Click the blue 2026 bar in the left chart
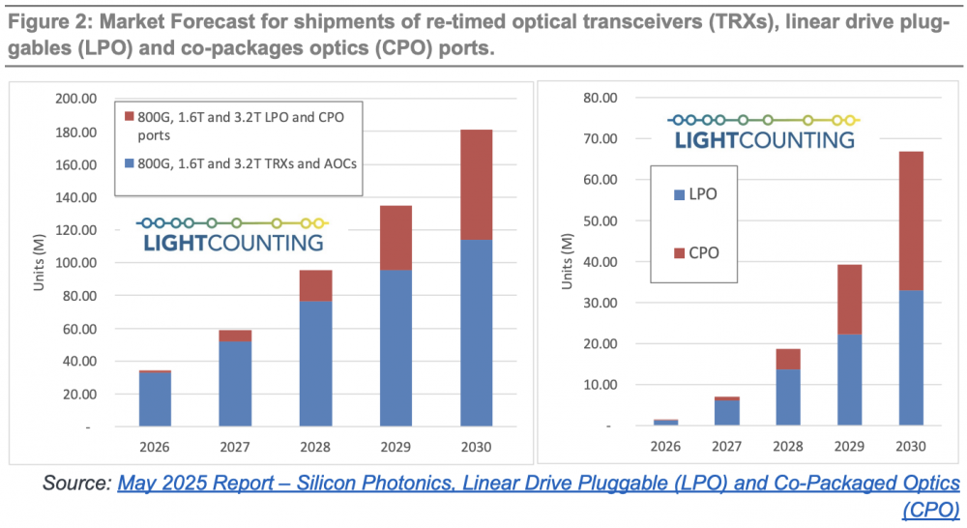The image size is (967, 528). point(155,398)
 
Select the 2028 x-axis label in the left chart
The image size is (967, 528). point(315,447)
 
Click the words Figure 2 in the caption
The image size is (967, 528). point(47,21)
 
